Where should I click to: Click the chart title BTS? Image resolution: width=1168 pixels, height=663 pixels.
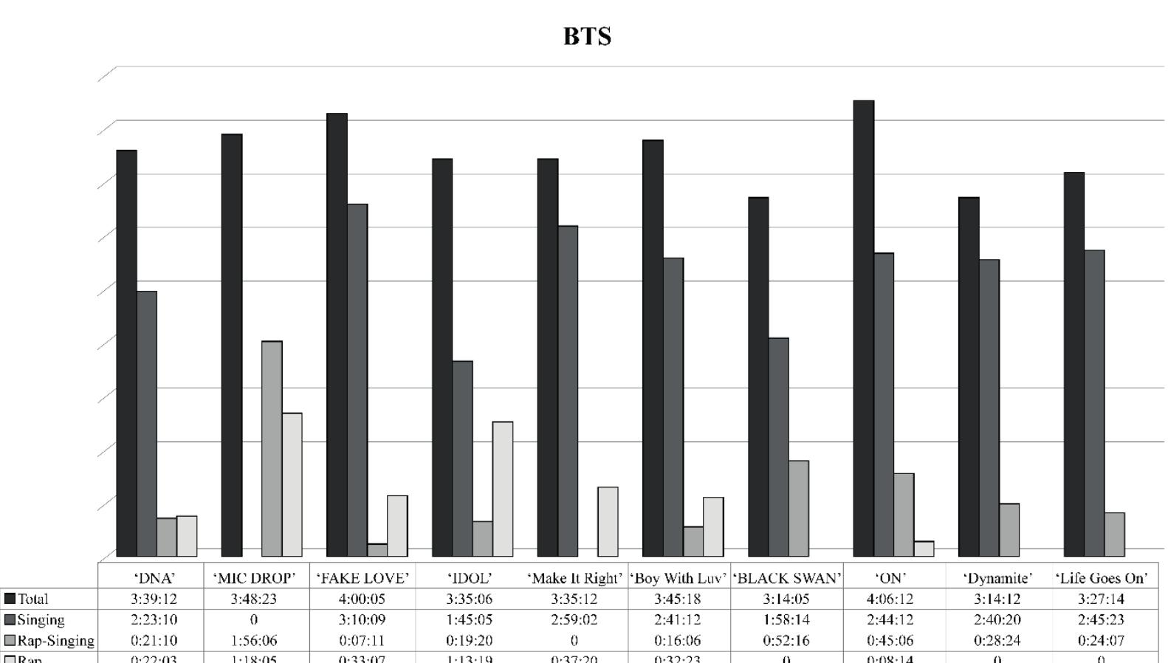click(x=587, y=36)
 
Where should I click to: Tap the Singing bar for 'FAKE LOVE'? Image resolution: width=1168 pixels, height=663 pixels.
click(x=357, y=379)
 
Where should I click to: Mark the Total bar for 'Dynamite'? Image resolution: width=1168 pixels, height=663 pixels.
click(x=969, y=377)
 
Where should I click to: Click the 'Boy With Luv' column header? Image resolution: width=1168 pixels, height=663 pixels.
click(x=679, y=578)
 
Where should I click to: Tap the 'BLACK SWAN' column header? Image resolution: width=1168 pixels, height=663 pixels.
click(x=787, y=578)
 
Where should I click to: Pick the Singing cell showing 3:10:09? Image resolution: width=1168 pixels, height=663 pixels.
click(x=362, y=619)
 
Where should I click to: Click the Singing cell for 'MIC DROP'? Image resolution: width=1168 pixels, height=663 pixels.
click(x=254, y=619)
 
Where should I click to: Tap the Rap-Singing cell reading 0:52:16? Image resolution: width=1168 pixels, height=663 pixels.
click(x=786, y=640)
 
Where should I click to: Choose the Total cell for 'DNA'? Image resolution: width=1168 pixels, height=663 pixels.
click(x=154, y=599)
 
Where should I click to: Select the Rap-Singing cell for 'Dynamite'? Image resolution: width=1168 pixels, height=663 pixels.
click(x=997, y=640)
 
